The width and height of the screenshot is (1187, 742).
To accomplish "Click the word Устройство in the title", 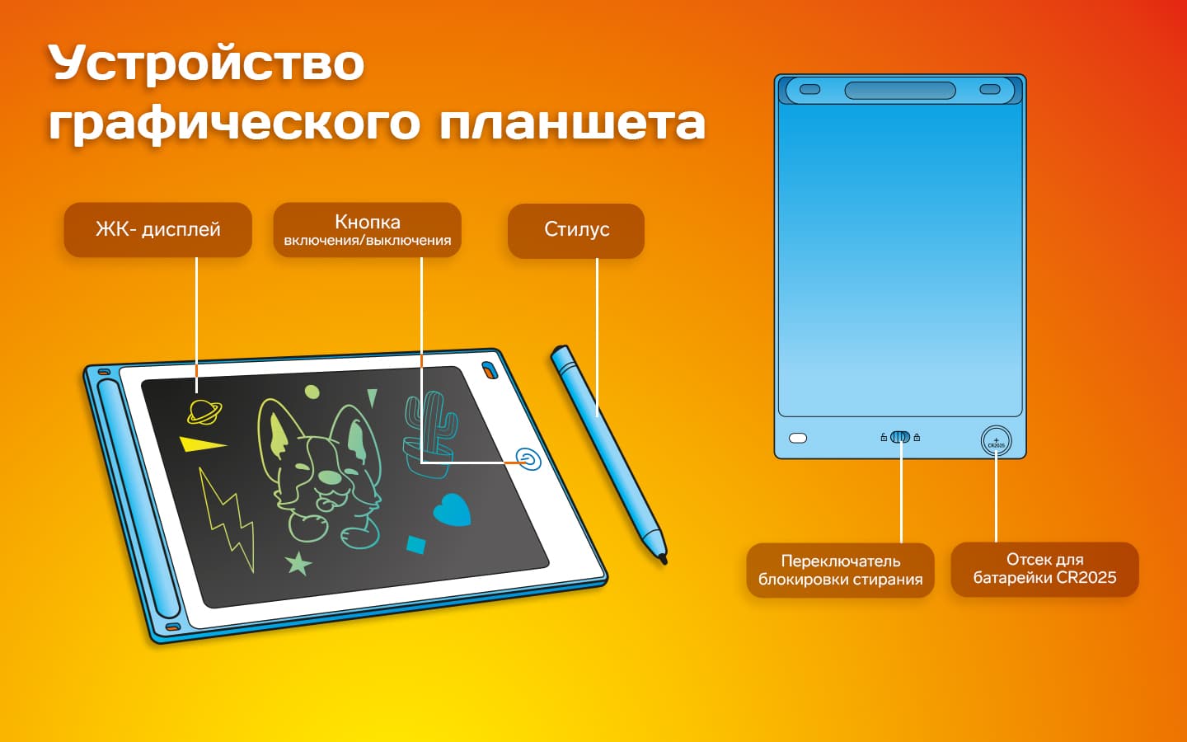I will click(x=206, y=64).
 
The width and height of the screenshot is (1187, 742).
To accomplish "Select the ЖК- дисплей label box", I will click(x=157, y=229).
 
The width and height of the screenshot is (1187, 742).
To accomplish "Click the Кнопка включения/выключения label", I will click(x=367, y=230).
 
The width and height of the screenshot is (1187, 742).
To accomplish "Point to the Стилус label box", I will click(x=575, y=230).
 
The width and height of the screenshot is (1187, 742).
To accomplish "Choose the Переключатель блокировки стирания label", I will click(x=840, y=570).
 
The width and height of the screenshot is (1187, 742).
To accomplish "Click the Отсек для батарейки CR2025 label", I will click(x=1044, y=569).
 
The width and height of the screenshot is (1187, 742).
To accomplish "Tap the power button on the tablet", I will click(x=528, y=458).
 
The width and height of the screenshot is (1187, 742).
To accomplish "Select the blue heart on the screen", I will click(x=452, y=510).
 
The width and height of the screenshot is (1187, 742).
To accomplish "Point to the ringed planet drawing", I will click(x=204, y=410).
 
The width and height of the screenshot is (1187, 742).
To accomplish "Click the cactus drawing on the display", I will click(x=429, y=429).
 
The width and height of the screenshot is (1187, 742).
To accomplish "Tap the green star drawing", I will click(x=298, y=563).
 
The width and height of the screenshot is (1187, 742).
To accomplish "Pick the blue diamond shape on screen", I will click(x=416, y=544).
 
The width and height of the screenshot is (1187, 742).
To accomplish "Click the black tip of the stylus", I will click(x=662, y=560).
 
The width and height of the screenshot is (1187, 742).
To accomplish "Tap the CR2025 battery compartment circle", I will click(x=996, y=441).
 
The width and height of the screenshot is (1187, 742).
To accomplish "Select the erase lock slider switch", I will click(x=900, y=437).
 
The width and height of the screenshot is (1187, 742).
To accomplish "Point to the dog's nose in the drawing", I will click(x=330, y=477).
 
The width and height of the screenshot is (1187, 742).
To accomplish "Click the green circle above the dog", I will click(x=312, y=391).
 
